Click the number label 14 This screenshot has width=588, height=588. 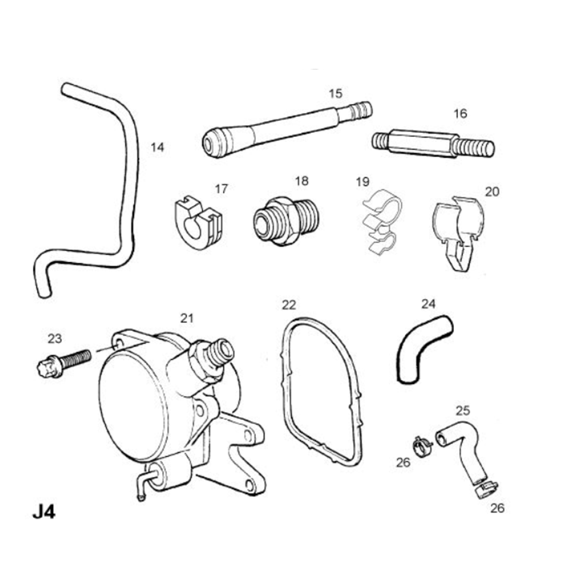click(x=157, y=147)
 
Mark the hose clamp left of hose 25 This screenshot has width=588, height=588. click(x=422, y=446)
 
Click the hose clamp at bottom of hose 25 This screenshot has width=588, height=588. click(x=485, y=488)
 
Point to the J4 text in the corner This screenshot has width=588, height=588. click(x=44, y=511)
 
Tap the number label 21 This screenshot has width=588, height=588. click(x=186, y=318)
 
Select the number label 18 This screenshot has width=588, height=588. click(x=302, y=181)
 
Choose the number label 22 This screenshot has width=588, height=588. click(x=289, y=305)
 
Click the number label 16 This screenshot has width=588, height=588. click(x=460, y=113)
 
